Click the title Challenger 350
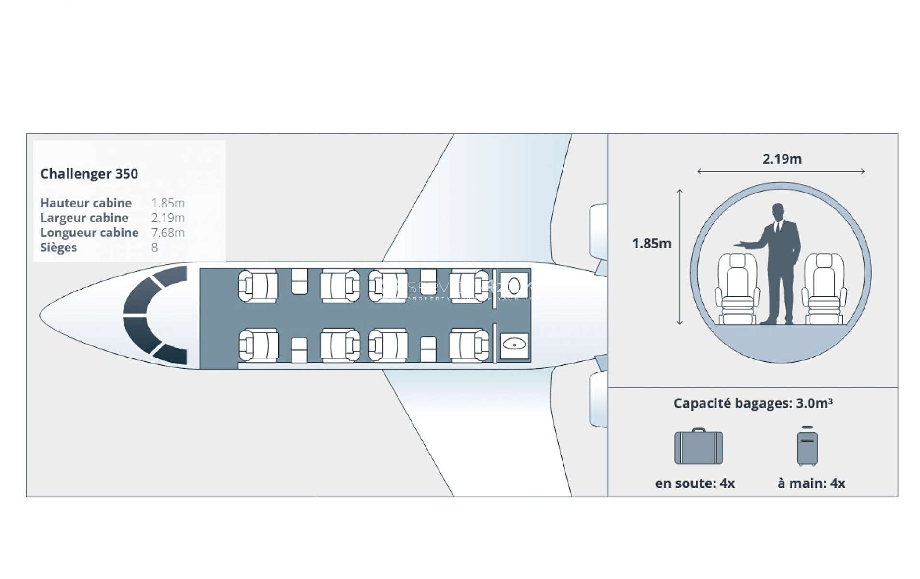tap(89, 174)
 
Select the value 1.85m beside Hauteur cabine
tap(168, 203)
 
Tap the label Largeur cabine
tap(84, 218)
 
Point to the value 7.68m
tap(168, 233)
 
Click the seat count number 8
tap(154, 248)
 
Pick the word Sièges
tap(58, 248)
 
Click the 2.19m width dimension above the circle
tap(782, 159)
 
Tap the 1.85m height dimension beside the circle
tap(651, 244)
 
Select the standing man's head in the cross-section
tap(777, 210)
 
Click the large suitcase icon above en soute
tap(698, 447)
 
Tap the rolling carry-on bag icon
tap(807, 447)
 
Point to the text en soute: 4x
tap(695, 483)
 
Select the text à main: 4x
tap(811, 483)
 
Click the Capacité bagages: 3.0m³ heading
tap(753, 403)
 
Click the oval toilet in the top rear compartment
tap(514, 286)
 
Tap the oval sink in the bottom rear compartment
tap(514, 345)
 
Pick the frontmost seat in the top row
tap(258, 286)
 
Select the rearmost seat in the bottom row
tap(469, 345)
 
